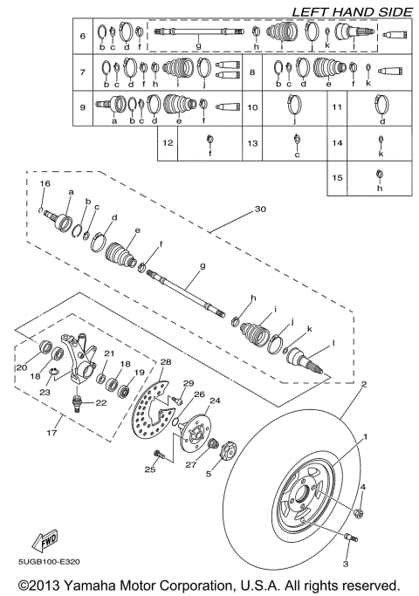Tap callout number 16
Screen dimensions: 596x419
[x=46, y=184]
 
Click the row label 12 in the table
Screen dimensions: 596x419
[x=168, y=142]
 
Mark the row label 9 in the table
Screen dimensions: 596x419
[x=81, y=108]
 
